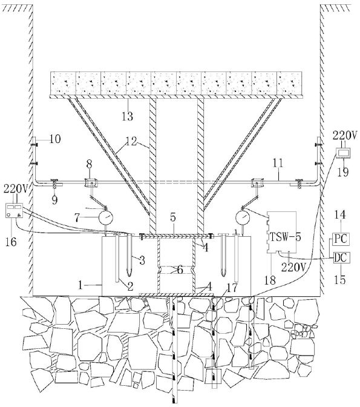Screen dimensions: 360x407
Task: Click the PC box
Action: click(x=341, y=239)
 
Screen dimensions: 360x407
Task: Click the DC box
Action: click(x=341, y=258)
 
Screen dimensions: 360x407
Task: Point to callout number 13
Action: click(x=127, y=116)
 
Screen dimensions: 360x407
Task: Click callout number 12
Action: click(x=131, y=142)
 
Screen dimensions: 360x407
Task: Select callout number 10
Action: click(x=55, y=139)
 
